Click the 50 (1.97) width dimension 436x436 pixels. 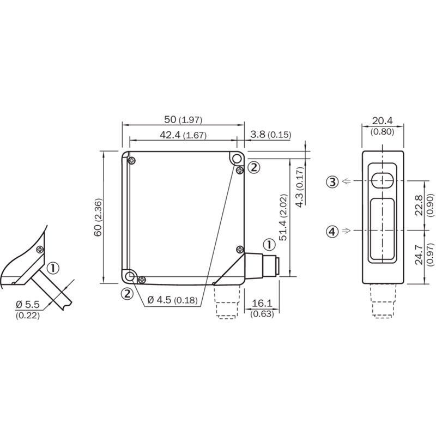[x=183, y=119]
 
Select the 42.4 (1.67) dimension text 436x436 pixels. [x=183, y=135]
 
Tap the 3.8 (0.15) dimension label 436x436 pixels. [x=270, y=135]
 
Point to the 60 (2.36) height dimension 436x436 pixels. [x=98, y=217]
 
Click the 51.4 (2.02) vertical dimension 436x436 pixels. [x=283, y=217]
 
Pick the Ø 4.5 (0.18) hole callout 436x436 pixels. [x=172, y=300]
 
